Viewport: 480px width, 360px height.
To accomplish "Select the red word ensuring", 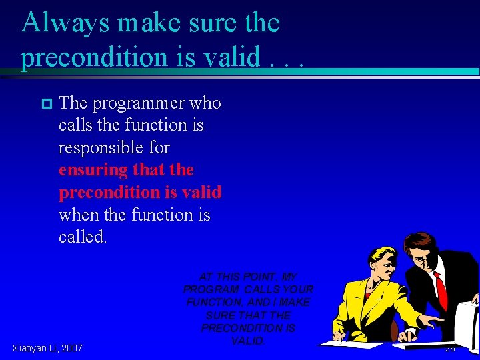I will pyautogui.click(x=93, y=170).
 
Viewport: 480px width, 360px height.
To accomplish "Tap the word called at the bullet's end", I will pyautogui.click(x=82, y=237).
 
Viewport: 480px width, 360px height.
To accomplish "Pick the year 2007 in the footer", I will pyautogui.click(x=71, y=347).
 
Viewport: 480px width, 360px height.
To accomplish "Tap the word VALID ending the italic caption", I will pyautogui.click(x=248, y=341).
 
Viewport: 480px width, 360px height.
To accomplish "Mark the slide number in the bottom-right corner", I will pyautogui.click(x=449, y=348).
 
